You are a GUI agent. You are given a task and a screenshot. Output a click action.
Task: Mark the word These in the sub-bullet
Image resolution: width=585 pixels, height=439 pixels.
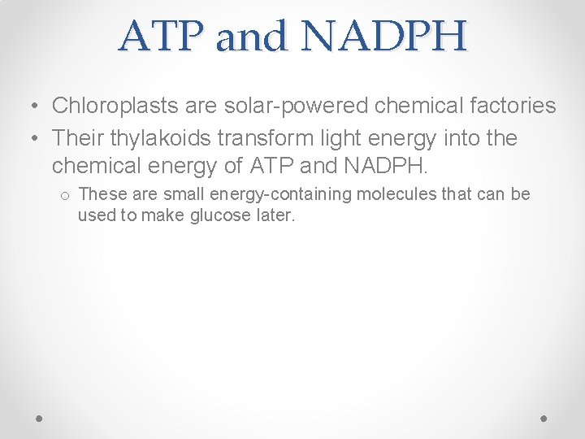point(100,194)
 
